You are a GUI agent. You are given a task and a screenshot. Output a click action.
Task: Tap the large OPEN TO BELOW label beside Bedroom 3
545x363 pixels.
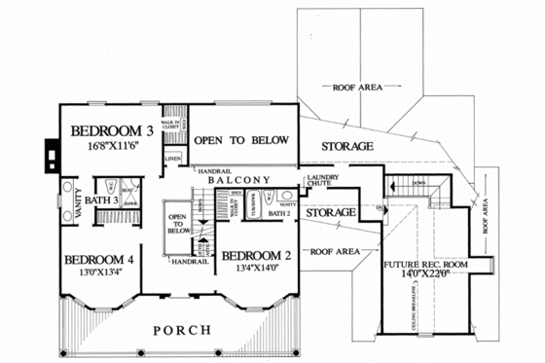(x=241, y=141)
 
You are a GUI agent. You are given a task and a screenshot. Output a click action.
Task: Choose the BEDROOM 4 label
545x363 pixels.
(x=99, y=260)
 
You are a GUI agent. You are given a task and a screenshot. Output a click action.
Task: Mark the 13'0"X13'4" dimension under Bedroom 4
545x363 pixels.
(x=99, y=273)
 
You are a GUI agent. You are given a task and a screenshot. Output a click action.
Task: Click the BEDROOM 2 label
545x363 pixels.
(x=255, y=256)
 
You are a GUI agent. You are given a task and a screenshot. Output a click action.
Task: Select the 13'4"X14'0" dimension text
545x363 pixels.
(x=255, y=270)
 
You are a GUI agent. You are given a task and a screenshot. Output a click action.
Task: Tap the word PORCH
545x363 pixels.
(x=180, y=331)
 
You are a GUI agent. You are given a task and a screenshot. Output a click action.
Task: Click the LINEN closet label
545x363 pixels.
(x=173, y=158)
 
